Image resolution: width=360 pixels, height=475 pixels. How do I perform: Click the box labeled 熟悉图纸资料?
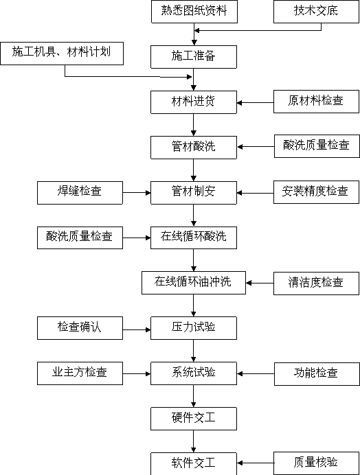tap(194, 12)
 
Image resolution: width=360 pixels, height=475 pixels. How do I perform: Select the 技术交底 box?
tap(316, 12)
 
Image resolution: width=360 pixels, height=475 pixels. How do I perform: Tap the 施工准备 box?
tap(194, 57)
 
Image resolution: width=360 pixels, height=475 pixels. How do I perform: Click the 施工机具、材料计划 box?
tap(62, 54)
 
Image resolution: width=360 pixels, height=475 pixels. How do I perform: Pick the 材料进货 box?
tap(194, 102)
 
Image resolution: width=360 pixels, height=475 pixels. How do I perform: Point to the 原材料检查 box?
tap(316, 102)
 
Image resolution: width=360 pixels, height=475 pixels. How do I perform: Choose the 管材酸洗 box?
tap(194, 148)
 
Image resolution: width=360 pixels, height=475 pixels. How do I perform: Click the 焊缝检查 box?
tap(80, 193)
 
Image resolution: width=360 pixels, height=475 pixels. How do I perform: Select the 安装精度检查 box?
tap(316, 192)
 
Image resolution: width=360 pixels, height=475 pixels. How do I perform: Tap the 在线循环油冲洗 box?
tap(194, 283)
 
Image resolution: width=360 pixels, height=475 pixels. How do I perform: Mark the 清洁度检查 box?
tap(316, 283)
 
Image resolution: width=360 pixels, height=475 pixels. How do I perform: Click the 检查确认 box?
tap(80, 328)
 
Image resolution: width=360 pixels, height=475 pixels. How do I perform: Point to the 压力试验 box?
tap(194, 328)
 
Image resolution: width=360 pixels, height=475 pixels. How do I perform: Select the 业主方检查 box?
tap(80, 373)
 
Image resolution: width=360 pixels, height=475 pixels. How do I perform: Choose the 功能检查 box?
tap(317, 374)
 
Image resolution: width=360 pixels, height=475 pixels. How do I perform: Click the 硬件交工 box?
tap(194, 419)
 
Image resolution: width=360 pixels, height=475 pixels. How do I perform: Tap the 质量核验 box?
tap(316, 463)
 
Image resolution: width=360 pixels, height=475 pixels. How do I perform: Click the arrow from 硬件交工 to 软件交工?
tap(194, 441)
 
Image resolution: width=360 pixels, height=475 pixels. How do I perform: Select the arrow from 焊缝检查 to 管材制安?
tap(137, 193)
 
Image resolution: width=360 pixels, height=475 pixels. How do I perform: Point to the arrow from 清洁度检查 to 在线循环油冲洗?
tap(260, 283)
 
